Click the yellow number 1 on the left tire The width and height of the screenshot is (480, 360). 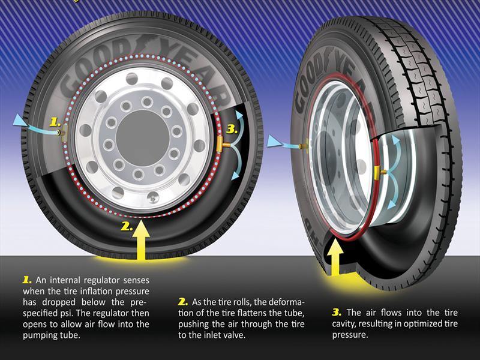(55, 123)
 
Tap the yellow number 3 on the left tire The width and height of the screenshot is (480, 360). (232, 130)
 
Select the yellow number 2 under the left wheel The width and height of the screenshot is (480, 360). (127, 226)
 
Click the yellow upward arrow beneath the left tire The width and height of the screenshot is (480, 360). (140, 240)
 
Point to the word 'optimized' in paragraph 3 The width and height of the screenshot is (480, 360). (423, 323)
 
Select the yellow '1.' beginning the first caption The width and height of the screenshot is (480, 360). (27, 280)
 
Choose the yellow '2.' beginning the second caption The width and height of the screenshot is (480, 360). (183, 302)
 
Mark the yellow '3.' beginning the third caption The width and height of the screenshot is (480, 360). (337, 313)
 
